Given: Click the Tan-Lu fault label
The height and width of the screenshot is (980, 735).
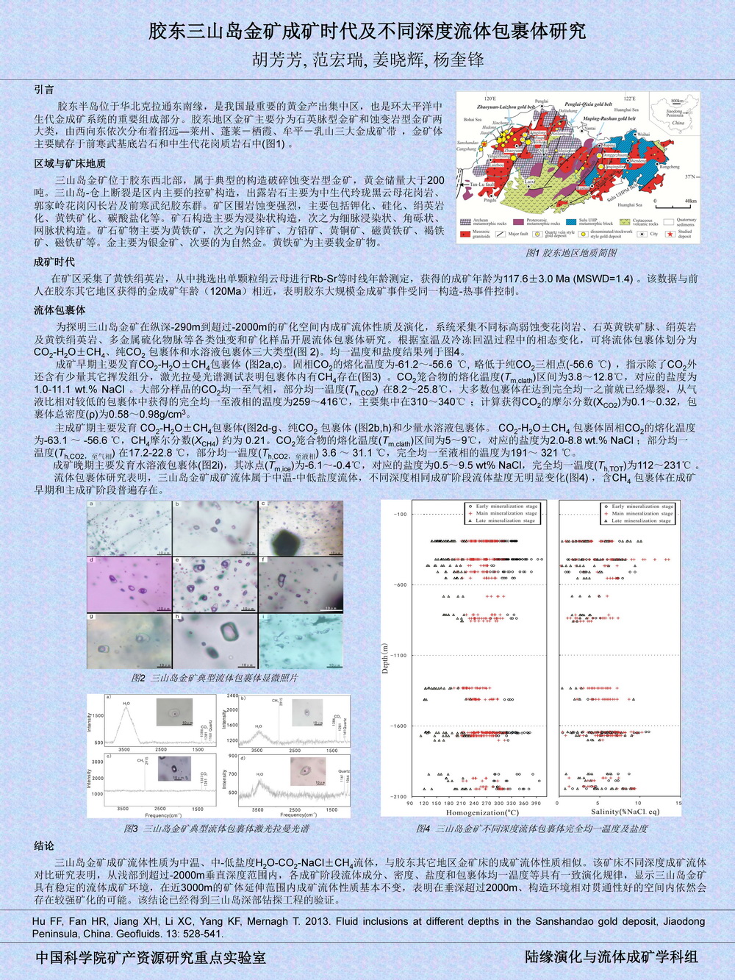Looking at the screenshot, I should tap(482, 184).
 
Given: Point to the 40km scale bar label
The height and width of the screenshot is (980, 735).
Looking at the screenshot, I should tap(691, 201).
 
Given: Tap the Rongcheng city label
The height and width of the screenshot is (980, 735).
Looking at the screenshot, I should tap(670, 167).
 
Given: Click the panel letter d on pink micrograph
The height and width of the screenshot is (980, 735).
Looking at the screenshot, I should tap(92, 560).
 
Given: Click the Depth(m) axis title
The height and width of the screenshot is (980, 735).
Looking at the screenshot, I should tap(385, 659).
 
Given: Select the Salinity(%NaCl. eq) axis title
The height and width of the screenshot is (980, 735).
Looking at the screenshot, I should tap(625, 812).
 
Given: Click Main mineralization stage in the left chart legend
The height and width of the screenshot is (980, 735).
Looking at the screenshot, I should tap(506, 513).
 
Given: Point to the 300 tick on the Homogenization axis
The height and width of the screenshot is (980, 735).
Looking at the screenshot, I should tap(499, 803).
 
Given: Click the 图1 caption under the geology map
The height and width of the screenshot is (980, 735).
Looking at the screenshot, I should tap(571, 252).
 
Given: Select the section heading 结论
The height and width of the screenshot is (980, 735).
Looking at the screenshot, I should tap(44, 845).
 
